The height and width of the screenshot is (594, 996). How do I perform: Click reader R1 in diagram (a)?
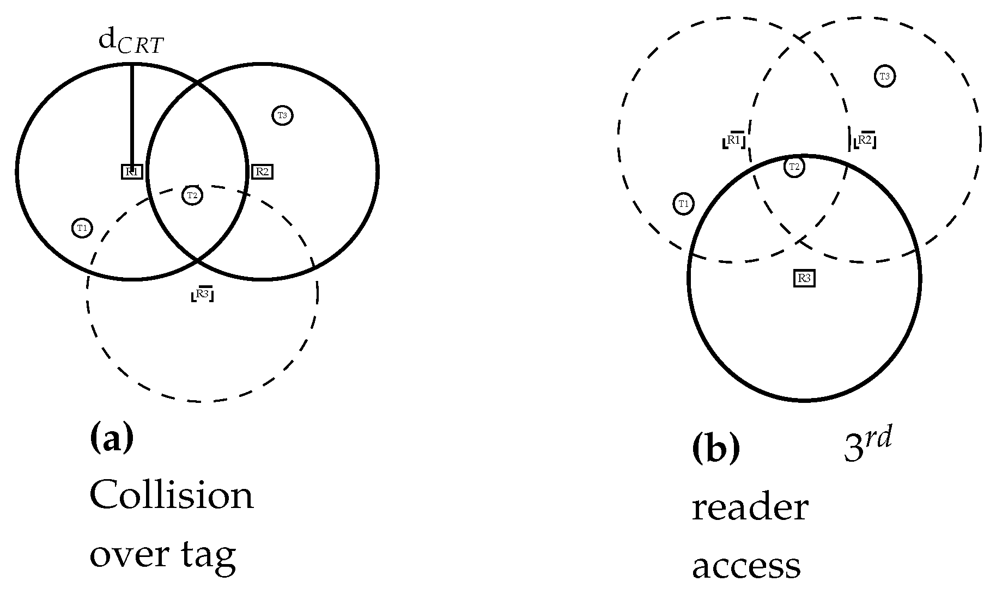click(132, 172)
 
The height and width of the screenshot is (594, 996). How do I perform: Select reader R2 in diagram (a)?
click(262, 172)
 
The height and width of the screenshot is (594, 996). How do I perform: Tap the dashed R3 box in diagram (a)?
click(202, 294)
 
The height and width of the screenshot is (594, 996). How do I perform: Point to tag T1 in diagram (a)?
click(82, 228)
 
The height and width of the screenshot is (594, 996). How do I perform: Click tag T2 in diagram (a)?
click(192, 195)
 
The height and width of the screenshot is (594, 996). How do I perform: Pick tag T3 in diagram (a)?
click(282, 115)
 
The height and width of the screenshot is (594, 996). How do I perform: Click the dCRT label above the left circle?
click(131, 42)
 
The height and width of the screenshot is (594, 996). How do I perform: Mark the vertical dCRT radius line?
click(132, 114)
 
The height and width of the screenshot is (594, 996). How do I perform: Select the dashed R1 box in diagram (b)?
click(734, 141)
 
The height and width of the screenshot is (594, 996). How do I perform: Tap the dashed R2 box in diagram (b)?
click(865, 141)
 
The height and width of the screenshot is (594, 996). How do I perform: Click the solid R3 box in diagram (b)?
click(804, 279)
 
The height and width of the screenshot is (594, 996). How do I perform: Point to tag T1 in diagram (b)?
click(684, 204)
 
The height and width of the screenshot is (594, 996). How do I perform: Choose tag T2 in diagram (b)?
click(794, 167)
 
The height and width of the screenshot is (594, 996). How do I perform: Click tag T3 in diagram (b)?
click(885, 76)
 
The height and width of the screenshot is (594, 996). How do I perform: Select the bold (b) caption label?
click(716, 449)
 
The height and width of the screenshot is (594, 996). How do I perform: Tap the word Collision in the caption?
click(172, 495)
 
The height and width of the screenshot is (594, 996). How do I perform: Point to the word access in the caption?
click(746, 566)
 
